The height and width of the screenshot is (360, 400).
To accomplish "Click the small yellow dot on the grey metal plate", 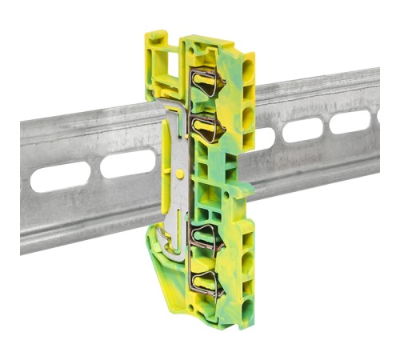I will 181,173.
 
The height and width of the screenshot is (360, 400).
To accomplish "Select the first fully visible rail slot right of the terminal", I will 302,130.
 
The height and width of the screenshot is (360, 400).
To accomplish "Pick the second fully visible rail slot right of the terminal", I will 350,121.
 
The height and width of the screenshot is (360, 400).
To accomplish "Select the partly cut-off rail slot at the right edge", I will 377,118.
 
